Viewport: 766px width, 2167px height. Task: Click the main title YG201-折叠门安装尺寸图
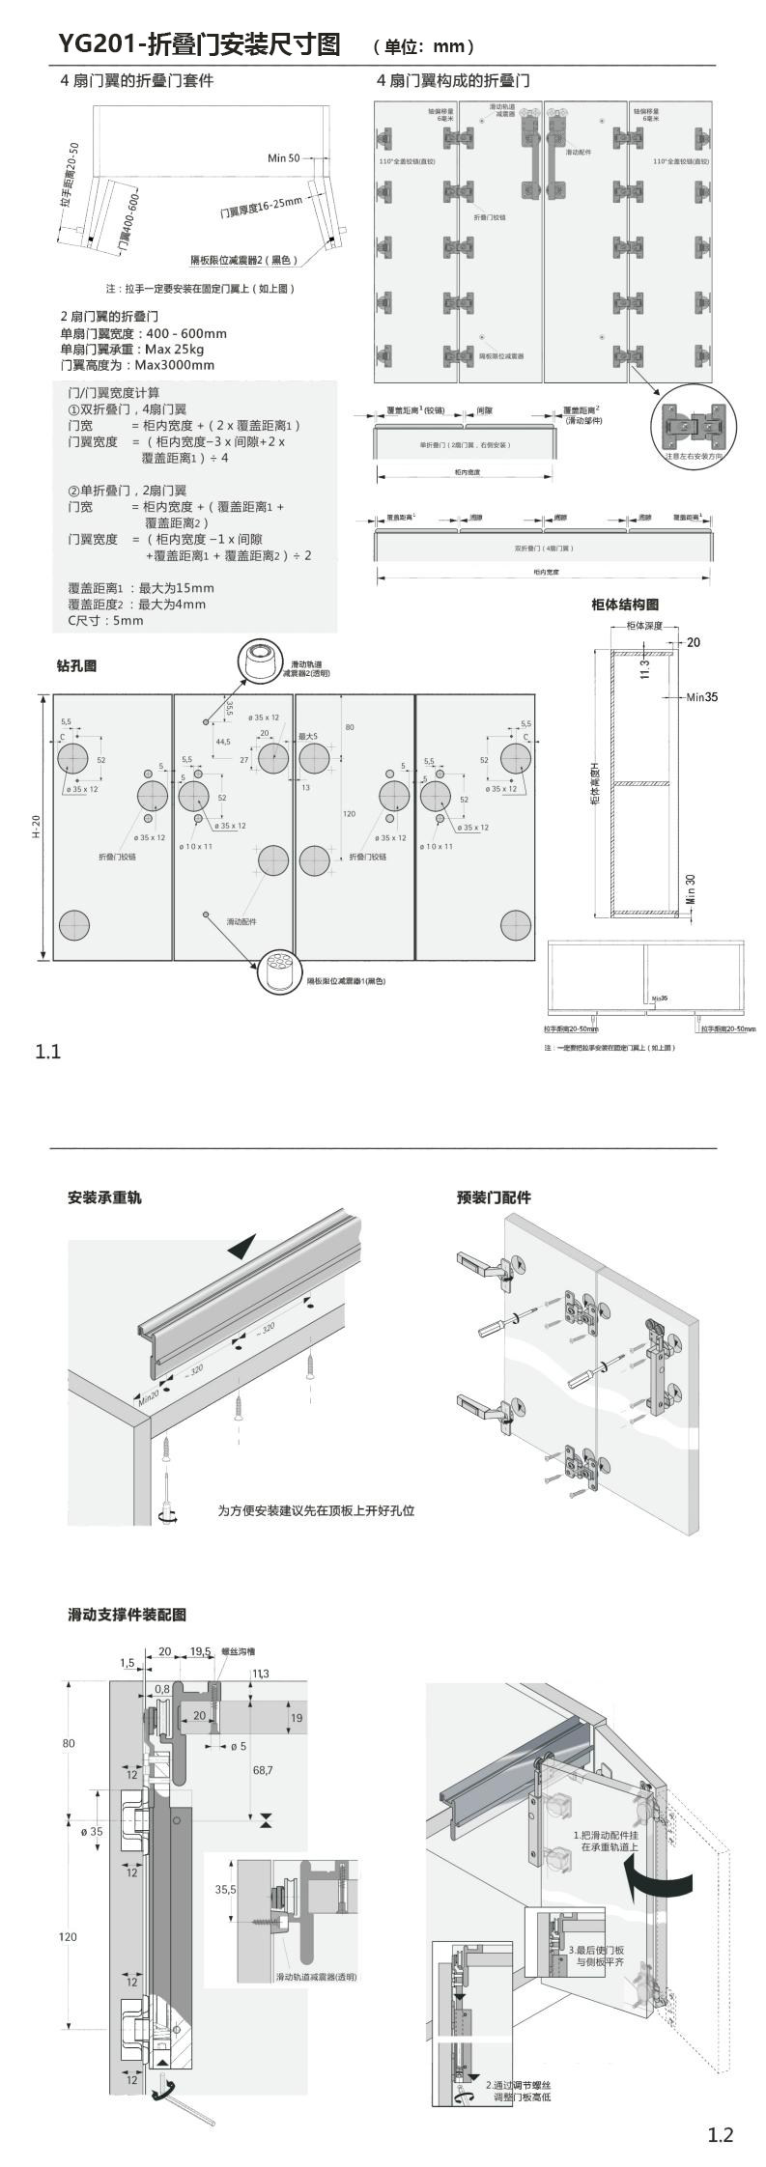(199, 44)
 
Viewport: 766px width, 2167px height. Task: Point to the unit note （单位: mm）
(423, 46)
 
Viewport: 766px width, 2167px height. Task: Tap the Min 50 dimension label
(284, 157)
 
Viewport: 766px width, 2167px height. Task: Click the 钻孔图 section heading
(76, 665)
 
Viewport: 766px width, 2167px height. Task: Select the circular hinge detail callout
(691, 425)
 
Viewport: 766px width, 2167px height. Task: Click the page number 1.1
(48, 1052)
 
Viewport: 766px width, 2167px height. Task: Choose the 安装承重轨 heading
(104, 1197)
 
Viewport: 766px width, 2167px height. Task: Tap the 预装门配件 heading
(494, 1197)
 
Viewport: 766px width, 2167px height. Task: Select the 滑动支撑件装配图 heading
(127, 1614)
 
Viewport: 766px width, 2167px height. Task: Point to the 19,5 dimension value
(200, 1651)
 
